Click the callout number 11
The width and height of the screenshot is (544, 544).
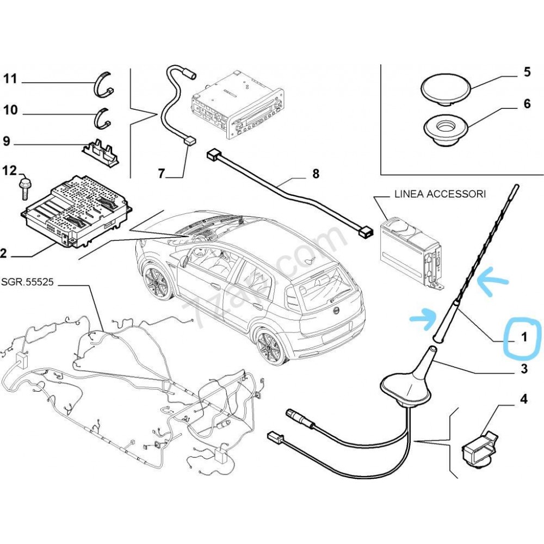click(10, 79)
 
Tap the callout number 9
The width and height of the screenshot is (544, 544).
click(7, 141)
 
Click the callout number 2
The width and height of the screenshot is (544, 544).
click(3, 253)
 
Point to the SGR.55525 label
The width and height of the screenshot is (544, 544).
click(27, 282)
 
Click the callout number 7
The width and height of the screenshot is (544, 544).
click(162, 174)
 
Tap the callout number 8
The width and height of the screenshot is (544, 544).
click(316, 174)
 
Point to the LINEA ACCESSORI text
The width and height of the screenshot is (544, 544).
click(440, 194)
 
